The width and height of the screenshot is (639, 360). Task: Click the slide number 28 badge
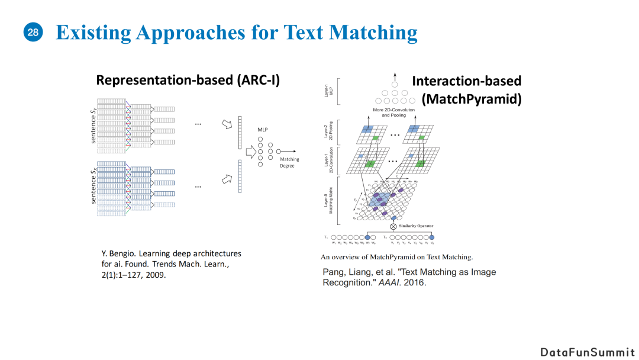pyautogui.click(x=33, y=33)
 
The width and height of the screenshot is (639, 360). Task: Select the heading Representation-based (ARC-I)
pyautogui.click(x=188, y=80)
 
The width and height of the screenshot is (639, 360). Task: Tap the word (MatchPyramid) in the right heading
pyautogui.click(x=472, y=99)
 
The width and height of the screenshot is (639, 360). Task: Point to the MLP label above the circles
pyautogui.click(x=263, y=129)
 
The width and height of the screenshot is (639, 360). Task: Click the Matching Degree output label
pyautogui.click(x=289, y=162)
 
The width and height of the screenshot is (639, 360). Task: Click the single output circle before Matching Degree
pyautogui.click(x=279, y=152)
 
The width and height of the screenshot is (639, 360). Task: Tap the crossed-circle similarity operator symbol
pyautogui.click(x=393, y=226)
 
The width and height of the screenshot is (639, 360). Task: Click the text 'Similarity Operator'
pyautogui.click(x=417, y=226)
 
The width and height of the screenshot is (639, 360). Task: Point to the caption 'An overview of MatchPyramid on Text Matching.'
pyautogui.click(x=396, y=257)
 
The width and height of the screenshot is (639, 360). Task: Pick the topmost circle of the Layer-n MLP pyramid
pyautogui.click(x=395, y=85)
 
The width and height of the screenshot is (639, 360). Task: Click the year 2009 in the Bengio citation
pyautogui.click(x=155, y=275)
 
